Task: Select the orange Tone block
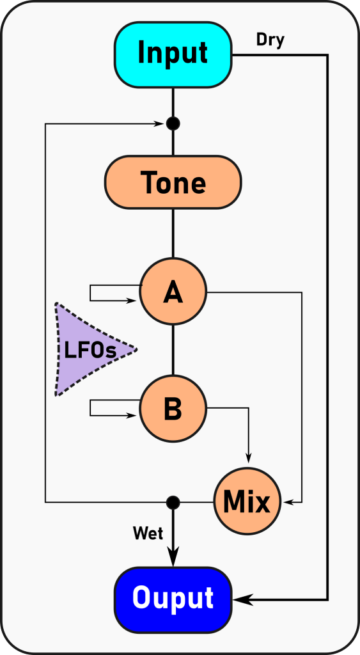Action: (x=173, y=182)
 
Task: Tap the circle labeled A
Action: (x=173, y=292)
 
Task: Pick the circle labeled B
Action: (x=173, y=407)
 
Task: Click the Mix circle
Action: (x=247, y=501)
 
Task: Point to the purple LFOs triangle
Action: (x=90, y=350)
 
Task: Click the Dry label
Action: (x=270, y=40)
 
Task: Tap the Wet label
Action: (x=148, y=533)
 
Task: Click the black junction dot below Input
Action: (x=173, y=123)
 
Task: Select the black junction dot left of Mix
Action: (x=173, y=502)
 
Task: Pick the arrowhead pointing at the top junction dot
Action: (x=160, y=123)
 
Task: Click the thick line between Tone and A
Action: (x=173, y=233)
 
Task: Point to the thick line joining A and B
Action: (x=173, y=350)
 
